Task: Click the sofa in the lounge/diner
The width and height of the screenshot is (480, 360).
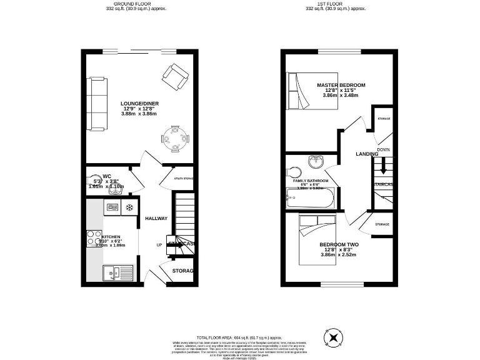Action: pos(98,104)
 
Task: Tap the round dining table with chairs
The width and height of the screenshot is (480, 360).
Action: pos(174,139)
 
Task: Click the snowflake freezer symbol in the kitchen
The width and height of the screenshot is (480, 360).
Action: pos(130,207)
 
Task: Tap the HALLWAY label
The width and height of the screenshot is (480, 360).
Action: pos(156,218)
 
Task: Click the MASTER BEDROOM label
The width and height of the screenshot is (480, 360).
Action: pos(341,85)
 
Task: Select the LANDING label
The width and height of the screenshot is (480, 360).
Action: pos(367,154)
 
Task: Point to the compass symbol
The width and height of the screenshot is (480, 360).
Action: pos(334,338)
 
